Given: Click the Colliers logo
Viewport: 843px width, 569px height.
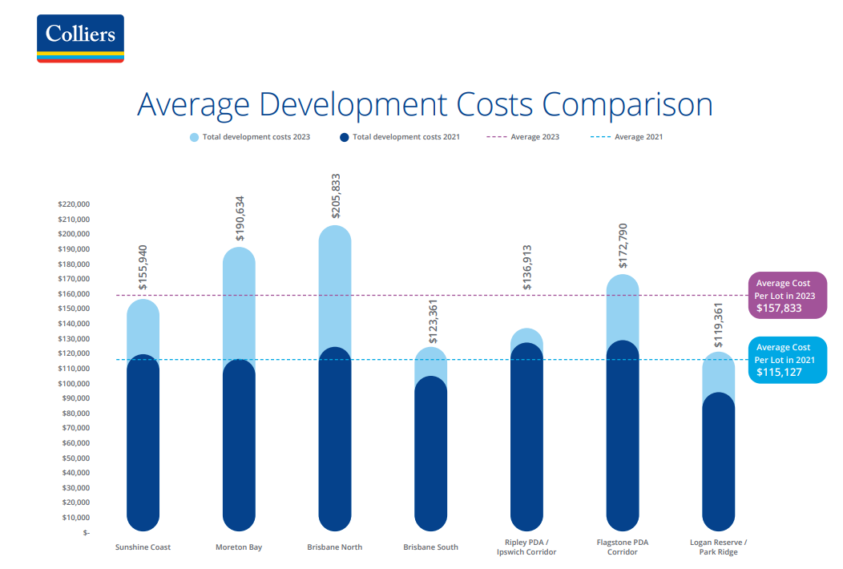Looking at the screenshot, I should pyautogui.click(x=80, y=38).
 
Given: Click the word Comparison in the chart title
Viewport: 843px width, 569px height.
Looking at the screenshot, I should pyautogui.click(x=627, y=106).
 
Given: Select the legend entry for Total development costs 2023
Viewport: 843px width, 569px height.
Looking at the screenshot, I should pyautogui.click(x=250, y=137).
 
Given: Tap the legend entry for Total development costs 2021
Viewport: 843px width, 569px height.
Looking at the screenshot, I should pyautogui.click(x=400, y=137).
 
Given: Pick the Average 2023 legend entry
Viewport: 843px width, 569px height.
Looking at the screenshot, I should pyautogui.click(x=523, y=137).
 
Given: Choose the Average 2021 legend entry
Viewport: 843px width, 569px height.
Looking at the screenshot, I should pyautogui.click(x=627, y=137).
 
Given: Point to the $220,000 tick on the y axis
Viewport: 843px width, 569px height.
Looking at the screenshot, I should pyautogui.click(x=74, y=204).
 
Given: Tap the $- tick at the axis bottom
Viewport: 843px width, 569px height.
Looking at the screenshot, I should pyautogui.click(x=86, y=533).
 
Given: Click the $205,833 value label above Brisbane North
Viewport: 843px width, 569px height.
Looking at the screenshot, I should pyautogui.click(x=336, y=196).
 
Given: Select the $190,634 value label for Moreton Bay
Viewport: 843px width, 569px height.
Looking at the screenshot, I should pyautogui.click(x=240, y=218).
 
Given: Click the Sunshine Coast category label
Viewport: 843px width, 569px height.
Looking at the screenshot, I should pyautogui.click(x=143, y=547).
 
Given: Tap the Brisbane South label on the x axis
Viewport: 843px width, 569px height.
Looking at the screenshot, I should pyautogui.click(x=431, y=547).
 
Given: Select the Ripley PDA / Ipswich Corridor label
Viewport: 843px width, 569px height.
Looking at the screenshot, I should pyautogui.click(x=526, y=547).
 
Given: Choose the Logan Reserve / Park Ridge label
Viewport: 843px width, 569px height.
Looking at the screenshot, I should pyautogui.click(x=719, y=547).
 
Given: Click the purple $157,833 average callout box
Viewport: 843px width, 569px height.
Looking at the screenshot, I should pyautogui.click(x=787, y=296).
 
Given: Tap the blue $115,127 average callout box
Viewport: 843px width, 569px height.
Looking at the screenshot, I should pyautogui.click(x=787, y=360).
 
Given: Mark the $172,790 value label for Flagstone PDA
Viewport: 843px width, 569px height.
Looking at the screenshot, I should pyautogui.click(x=623, y=246).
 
